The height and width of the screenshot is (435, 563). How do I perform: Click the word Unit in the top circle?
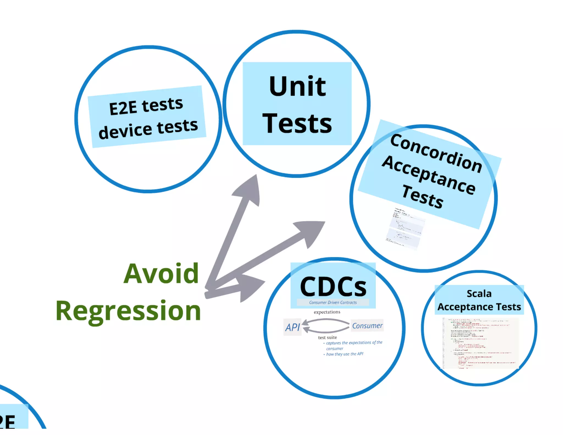297,87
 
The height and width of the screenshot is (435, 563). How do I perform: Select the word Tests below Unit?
297,123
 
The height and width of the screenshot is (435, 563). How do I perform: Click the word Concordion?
436,153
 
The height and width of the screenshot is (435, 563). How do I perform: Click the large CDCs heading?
333,286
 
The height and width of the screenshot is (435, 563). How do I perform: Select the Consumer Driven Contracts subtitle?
333,302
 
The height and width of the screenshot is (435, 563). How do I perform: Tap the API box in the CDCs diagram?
292,327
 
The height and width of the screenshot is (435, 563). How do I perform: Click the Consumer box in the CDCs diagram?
367,326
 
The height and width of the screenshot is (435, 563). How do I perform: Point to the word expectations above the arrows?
327,312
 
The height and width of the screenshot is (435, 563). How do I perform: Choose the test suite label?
327,337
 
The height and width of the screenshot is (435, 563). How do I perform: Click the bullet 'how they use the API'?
345,354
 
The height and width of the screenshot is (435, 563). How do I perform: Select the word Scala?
479,294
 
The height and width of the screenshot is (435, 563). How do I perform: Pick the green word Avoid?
161,274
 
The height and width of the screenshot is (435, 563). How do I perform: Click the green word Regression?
128,311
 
